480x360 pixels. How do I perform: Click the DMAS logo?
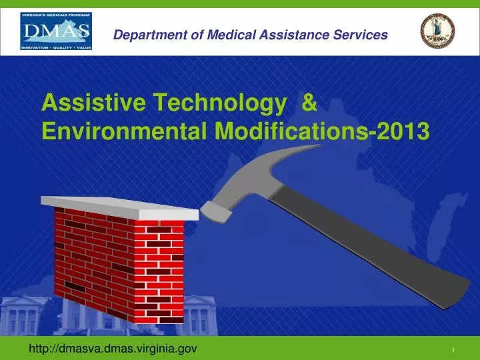[57, 30]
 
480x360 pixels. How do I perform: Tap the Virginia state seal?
[437, 31]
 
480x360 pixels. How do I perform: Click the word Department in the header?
[143, 35]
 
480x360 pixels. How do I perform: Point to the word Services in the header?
[362, 35]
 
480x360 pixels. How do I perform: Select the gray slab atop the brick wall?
[120, 209]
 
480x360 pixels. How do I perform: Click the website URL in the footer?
[112, 348]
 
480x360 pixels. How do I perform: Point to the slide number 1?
[453, 350]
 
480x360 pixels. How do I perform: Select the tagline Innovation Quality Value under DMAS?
[57, 47]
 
